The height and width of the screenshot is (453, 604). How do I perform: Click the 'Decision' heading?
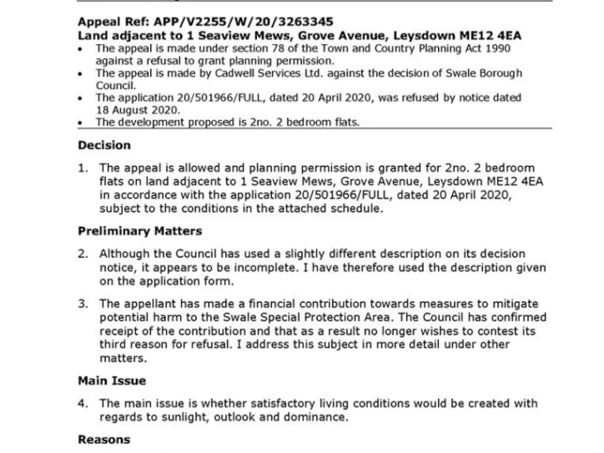point(104,145)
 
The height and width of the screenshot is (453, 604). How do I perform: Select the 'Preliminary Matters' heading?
point(139,231)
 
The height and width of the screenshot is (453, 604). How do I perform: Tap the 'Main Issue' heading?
point(112,381)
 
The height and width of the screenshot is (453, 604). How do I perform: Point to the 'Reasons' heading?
point(104,440)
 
